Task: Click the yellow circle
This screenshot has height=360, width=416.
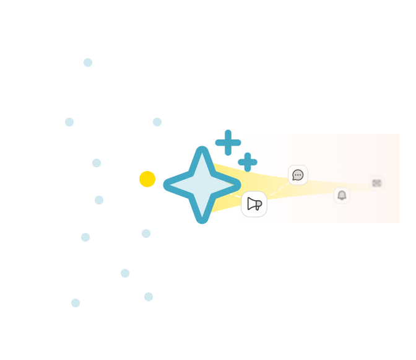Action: coord(147,179)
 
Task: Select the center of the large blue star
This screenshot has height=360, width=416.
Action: coord(202,185)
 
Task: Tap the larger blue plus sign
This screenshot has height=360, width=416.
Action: coord(228,143)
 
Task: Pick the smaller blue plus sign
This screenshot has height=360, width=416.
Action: coord(248,162)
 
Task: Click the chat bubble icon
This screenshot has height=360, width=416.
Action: coord(298,175)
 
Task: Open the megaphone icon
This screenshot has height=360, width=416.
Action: coord(254,204)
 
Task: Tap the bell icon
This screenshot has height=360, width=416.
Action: coord(342,195)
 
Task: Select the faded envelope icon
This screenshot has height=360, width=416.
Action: coord(376,183)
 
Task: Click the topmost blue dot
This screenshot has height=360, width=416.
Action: coord(88,63)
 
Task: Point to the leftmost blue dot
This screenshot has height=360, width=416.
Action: coord(69,122)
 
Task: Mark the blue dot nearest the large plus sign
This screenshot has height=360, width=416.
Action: coord(157,122)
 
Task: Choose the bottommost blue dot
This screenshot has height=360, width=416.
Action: coord(76,303)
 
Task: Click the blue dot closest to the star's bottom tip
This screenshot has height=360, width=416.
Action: coord(146,234)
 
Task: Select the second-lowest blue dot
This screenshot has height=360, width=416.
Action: coord(149,297)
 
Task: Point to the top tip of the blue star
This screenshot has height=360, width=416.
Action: coord(202,149)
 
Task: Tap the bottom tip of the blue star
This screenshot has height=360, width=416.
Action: coord(202,221)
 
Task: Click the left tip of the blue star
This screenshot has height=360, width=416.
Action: coord(167,185)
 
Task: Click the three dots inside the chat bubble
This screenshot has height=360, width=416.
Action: coord(298,175)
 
